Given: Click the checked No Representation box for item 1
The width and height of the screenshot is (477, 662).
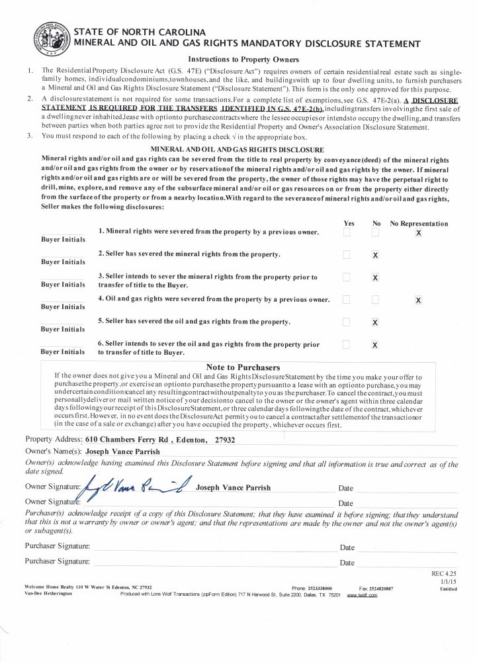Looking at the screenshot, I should coord(418,233).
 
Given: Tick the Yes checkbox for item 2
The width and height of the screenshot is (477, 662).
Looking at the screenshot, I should coord(346,255).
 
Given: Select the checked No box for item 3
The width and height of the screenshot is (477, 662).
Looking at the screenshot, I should coord(375,277).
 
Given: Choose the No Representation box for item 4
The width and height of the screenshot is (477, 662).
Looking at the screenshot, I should coord(418,300).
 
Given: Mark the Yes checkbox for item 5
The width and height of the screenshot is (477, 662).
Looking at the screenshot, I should coord(346,322).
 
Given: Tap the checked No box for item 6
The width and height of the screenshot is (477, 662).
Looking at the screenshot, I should coord(375,345).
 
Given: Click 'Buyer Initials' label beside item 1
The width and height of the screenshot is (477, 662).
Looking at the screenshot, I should coord(63,239).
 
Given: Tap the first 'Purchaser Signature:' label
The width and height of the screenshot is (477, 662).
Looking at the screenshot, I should coord(57,546).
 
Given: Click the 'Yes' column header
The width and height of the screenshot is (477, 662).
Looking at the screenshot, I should coord(349,224).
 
